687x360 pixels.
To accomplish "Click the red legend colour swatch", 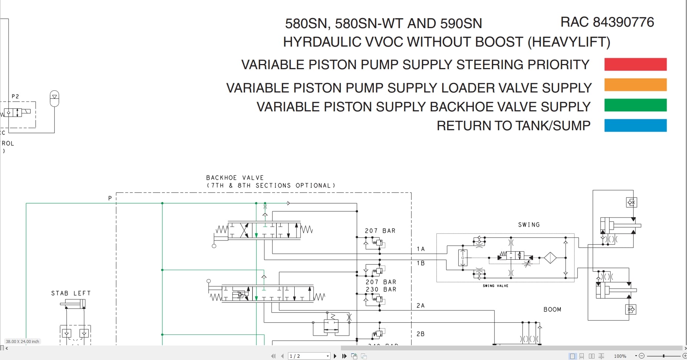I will click(x=635, y=64).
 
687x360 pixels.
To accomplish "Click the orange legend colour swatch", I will click(x=635, y=85).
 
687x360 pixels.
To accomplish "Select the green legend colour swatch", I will click(x=635, y=105).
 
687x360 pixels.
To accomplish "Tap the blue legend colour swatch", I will click(x=635, y=125).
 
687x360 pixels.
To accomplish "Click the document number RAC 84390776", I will click(x=607, y=22).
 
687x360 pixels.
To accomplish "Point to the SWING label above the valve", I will click(x=529, y=225).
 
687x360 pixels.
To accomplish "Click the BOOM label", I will click(x=552, y=309).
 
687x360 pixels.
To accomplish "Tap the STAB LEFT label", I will click(x=71, y=293).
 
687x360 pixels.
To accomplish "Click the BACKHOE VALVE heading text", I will click(x=235, y=178).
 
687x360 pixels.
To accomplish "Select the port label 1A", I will click(x=420, y=249).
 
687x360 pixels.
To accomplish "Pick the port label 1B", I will click(x=420, y=263).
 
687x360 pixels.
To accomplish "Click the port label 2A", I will click(x=420, y=306).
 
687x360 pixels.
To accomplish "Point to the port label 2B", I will click(x=420, y=334).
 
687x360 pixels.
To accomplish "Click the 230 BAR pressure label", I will click(x=381, y=289).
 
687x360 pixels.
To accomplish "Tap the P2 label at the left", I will click(x=15, y=96).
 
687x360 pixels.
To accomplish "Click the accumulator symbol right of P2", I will click(x=54, y=98).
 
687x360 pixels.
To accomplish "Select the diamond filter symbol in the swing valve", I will click(x=550, y=258).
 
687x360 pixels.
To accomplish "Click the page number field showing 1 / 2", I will click(x=308, y=356).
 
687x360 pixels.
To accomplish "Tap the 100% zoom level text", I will click(x=620, y=356).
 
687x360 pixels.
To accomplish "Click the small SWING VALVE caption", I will click(x=495, y=286).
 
